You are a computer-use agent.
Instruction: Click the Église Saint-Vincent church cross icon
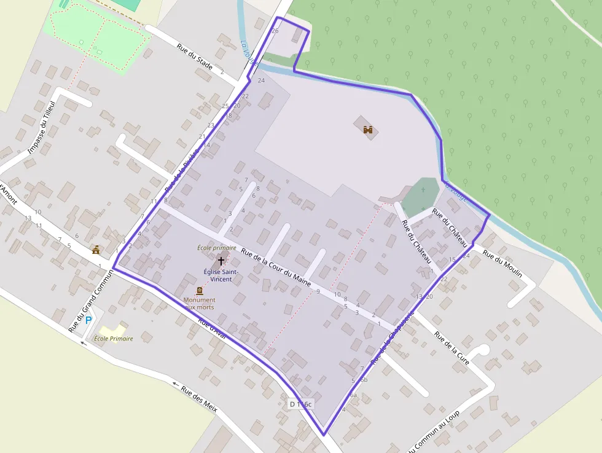pyautogui.click(x=221, y=261)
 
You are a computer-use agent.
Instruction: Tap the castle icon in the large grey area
pyautogui.click(x=369, y=130)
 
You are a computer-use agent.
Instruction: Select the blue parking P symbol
pyautogui.click(x=88, y=320)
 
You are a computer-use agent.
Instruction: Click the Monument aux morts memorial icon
pyautogui.click(x=199, y=291)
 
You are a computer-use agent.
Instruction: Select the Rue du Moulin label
pyautogui.click(x=502, y=262)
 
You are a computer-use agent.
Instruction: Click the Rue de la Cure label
pyautogui.click(x=451, y=348)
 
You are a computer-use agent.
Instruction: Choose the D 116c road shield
pyautogui.click(x=301, y=404)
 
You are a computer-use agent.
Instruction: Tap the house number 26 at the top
pyautogui.click(x=275, y=31)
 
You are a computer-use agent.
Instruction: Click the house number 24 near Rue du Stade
pyautogui.click(x=261, y=81)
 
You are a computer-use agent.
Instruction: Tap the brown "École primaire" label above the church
pyautogui.click(x=216, y=248)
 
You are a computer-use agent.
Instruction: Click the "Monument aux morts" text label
pyautogui.click(x=200, y=303)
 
